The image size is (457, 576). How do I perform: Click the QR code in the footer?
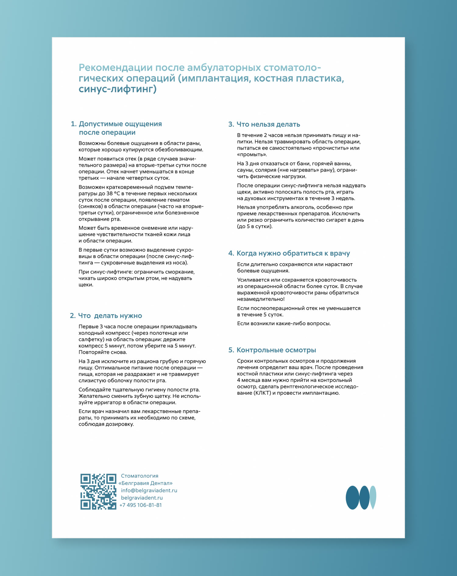(x=98, y=491)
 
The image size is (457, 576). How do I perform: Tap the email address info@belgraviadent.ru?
(x=149, y=490)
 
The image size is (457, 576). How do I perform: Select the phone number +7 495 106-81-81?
(x=140, y=505)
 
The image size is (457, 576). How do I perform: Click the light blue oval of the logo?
(x=373, y=497)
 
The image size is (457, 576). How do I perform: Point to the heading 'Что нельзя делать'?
(x=268, y=124)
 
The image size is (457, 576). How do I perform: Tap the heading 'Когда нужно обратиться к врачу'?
(x=293, y=253)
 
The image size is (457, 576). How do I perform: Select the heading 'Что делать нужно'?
(x=110, y=316)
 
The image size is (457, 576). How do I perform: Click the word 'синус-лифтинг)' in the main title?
(x=117, y=89)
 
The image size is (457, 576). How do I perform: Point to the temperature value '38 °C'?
(x=113, y=194)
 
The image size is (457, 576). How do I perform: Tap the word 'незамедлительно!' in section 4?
(x=261, y=299)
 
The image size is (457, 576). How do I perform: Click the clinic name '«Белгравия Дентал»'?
(x=145, y=483)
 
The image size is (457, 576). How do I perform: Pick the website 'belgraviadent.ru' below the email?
(x=142, y=498)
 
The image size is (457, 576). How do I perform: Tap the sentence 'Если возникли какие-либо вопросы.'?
(x=284, y=323)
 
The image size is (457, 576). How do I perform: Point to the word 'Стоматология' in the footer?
(x=140, y=476)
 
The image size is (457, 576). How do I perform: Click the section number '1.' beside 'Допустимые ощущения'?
(x=73, y=124)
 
